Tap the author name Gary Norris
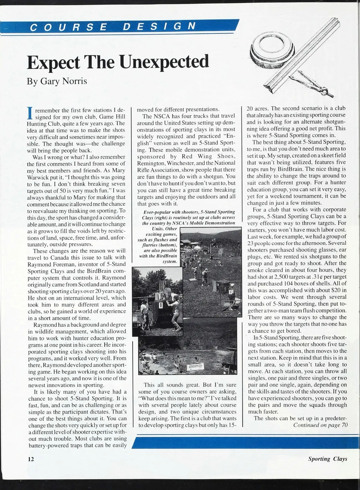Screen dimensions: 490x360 pyautogui.click(x=57, y=81)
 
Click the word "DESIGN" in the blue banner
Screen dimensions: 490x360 pyautogui.click(x=159, y=27)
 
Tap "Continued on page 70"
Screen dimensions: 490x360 pyautogui.click(x=320, y=425)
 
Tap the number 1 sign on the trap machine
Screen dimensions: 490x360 pyautogui.click(x=160, y=306)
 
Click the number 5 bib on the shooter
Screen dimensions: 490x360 pyautogui.click(x=230, y=291)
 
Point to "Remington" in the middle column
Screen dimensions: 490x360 pyautogui.click(x=150, y=163)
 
